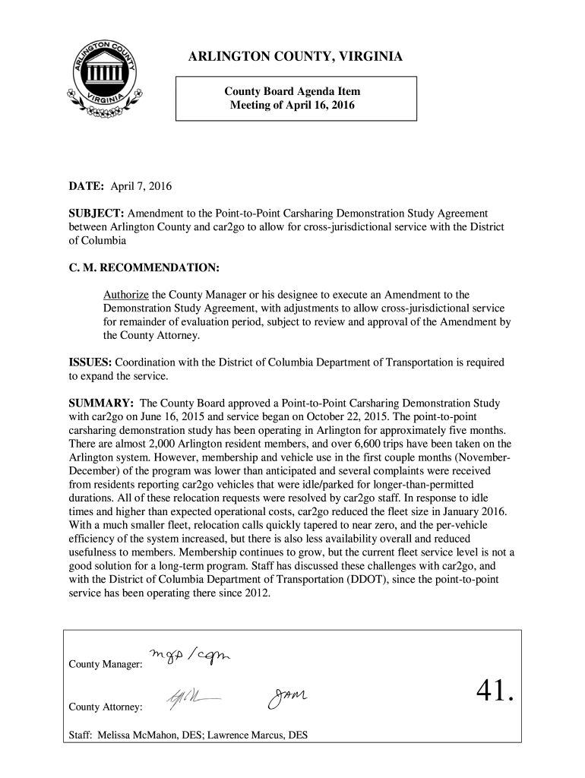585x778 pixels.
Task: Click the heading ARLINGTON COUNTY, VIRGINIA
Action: (296, 59)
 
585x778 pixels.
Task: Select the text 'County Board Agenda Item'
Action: (292, 91)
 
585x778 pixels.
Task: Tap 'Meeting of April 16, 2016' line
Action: (292, 105)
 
